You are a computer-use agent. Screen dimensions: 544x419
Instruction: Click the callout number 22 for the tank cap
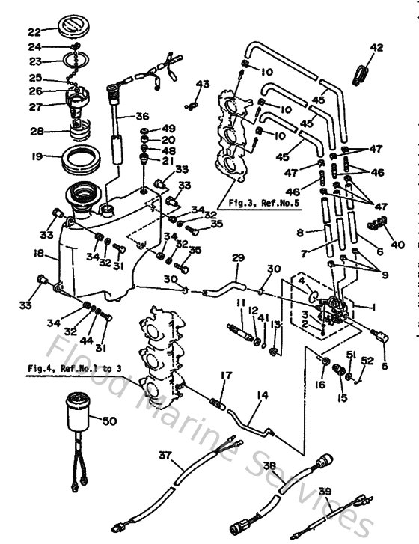[34, 32]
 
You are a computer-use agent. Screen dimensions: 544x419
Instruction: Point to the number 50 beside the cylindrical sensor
[109, 422]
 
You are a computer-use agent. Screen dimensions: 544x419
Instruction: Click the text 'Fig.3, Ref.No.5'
[251, 203]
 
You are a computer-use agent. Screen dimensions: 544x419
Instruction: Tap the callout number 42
[376, 48]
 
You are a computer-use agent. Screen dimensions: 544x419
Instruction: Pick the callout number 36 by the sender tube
[142, 116]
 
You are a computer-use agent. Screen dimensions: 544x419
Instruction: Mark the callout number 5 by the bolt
[385, 366]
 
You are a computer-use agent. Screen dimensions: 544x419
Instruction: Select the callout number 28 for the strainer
[36, 132]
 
